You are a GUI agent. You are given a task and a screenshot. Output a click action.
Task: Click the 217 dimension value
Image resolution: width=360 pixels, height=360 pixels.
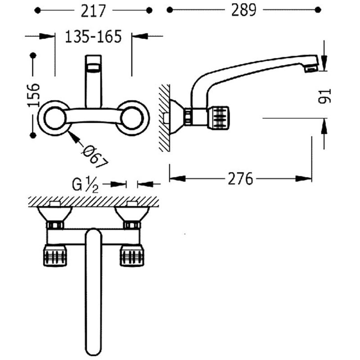click(93, 10)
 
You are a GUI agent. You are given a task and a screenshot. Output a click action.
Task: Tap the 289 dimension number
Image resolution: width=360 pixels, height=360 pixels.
click(243, 10)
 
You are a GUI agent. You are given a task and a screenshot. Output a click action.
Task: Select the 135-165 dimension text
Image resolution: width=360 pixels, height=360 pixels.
click(93, 36)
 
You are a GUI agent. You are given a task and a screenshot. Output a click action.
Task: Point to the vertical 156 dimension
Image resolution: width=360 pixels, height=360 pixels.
click(33, 95)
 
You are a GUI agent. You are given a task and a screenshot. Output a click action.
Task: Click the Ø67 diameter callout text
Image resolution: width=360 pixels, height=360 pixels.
click(95, 157)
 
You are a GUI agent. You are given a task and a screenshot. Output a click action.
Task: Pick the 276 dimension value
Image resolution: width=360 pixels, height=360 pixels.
click(240, 179)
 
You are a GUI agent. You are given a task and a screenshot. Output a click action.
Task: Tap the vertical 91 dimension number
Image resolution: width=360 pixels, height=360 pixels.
click(324, 96)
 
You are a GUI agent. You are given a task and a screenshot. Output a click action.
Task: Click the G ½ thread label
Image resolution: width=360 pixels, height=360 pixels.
click(85, 185)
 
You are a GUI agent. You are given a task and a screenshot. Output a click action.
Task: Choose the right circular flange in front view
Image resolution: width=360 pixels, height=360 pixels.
click(133, 118)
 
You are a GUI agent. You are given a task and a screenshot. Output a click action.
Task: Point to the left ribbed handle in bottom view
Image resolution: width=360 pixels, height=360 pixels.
click(54, 256)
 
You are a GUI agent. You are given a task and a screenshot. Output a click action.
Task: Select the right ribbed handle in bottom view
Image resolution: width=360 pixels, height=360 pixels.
click(132, 256)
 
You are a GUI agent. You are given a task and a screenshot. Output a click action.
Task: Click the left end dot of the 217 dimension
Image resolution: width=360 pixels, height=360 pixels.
click(37, 10)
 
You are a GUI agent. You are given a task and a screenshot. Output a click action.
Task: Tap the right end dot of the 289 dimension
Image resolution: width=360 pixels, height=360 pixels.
click(318, 10)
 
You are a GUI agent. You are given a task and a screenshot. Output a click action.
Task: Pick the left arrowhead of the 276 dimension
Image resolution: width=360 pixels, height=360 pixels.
click(177, 179)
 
